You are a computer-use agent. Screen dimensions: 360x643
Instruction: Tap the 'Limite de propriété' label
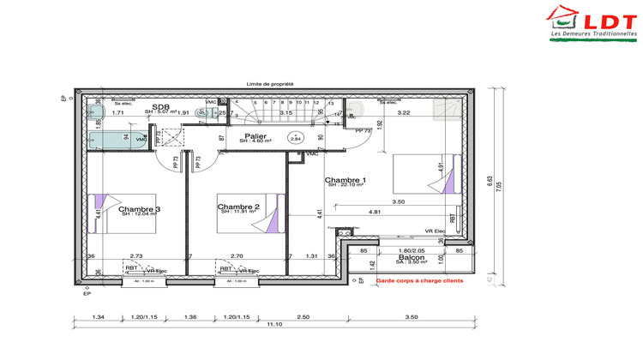click(270, 84)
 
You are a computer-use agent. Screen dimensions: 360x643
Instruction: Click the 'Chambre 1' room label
click(346, 180)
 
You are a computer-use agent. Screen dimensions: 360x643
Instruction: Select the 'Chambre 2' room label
click(237, 207)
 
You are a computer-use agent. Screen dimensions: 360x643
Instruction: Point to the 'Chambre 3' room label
click(140, 208)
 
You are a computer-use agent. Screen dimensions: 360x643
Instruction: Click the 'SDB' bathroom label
click(159, 105)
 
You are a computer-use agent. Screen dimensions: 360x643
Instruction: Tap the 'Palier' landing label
click(255, 135)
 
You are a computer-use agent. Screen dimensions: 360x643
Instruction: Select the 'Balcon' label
click(412, 256)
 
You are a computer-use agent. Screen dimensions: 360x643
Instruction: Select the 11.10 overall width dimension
click(273, 325)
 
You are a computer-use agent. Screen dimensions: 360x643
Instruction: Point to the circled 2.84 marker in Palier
click(296, 137)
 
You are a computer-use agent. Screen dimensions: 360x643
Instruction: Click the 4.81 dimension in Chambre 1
click(375, 211)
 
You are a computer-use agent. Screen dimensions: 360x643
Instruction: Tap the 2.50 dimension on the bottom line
click(303, 316)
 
